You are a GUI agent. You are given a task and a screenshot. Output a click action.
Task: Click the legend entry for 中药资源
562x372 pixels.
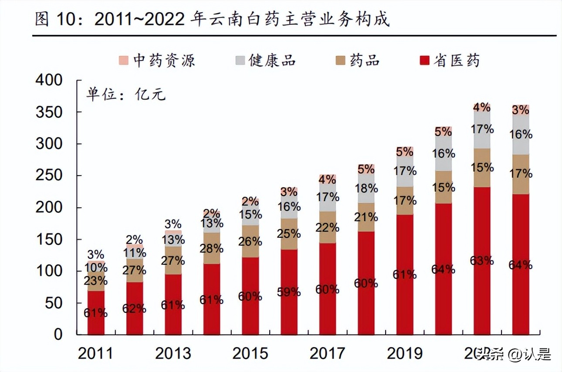click(x=157, y=60)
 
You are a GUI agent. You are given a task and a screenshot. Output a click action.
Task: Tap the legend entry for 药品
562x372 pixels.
click(x=357, y=60)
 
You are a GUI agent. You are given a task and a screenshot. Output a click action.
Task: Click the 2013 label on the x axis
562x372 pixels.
click(x=173, y=353)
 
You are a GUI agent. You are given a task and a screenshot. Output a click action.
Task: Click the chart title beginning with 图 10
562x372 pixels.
click(x=212, y=20)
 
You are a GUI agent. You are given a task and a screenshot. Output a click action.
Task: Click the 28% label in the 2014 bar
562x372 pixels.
click(x=212, y=249)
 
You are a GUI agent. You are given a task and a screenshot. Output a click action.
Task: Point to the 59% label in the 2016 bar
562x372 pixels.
click(x=289, y=292)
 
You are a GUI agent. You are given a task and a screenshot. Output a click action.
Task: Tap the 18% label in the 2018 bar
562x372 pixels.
click(x=366, y=188)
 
